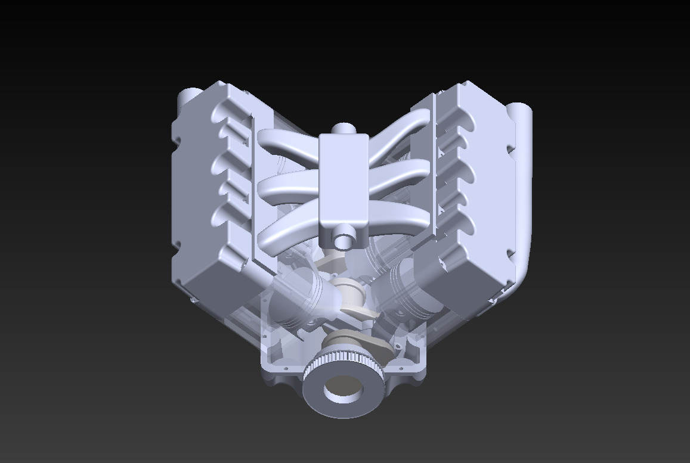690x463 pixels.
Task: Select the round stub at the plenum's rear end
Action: click(x=343, y=129)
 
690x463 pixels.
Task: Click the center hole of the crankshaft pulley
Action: click(x=343, y=390)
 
